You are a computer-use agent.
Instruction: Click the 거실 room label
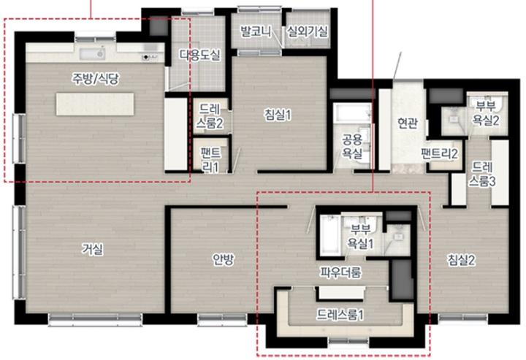click(93, 249)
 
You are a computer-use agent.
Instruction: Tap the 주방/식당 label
click(95, 79)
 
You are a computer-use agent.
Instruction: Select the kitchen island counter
click(95, 104)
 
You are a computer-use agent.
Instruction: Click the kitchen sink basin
click(92, 53)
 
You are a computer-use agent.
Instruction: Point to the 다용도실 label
click(200, 55)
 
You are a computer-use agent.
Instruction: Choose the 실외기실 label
click(307, 32)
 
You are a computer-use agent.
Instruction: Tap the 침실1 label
click(278, 115)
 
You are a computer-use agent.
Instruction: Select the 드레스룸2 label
click(210, 116)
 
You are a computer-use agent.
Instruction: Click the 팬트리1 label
click(210, 160)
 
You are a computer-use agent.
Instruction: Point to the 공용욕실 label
click(352, 146)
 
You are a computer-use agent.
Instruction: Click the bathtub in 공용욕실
click(352, 112)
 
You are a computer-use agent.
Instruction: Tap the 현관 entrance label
click(408, 123)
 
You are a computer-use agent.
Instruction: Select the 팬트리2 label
click(440, 154)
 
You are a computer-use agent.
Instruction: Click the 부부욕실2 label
click(486, 113)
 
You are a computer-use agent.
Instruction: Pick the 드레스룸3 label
click(482, 174)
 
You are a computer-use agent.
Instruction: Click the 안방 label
click(223, 258)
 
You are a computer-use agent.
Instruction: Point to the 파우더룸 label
click(340, 272)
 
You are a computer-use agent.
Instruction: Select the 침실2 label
click(462, 260)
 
